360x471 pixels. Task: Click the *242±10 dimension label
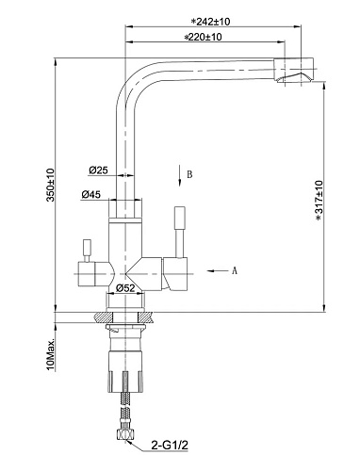click(x=211, y=22)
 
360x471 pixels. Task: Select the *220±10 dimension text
click(x=203, y=37)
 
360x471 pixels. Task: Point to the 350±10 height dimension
click(x=51, y=185)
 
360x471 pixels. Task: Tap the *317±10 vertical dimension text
click(x=319, y=201)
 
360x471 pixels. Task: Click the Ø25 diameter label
click(x=98, y=171)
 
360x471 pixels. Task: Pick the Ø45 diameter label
click(x=91, y=195)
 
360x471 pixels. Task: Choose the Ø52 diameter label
click(x=125, y=288)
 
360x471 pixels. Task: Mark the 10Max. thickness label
click(x=51, y=354)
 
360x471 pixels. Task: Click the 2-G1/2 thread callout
click(x=170, y=445)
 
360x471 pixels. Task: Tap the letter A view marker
click(x=235, y=270)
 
